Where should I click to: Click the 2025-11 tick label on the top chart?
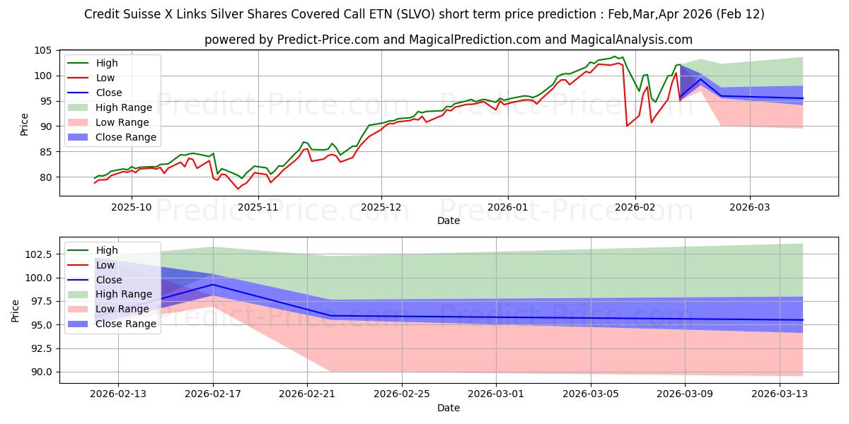[x=258, y=207]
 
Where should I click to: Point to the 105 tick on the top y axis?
[x=45, y=51]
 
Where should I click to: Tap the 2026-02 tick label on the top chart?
[x=635, y=207]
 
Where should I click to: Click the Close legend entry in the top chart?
[x=108, y=93]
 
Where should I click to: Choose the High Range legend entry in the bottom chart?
[x=124, y=294]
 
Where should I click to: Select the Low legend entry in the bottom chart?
[x=106, y=265]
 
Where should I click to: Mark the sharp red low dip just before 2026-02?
[x=627, y=126]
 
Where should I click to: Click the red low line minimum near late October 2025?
[x=238, y=189]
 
